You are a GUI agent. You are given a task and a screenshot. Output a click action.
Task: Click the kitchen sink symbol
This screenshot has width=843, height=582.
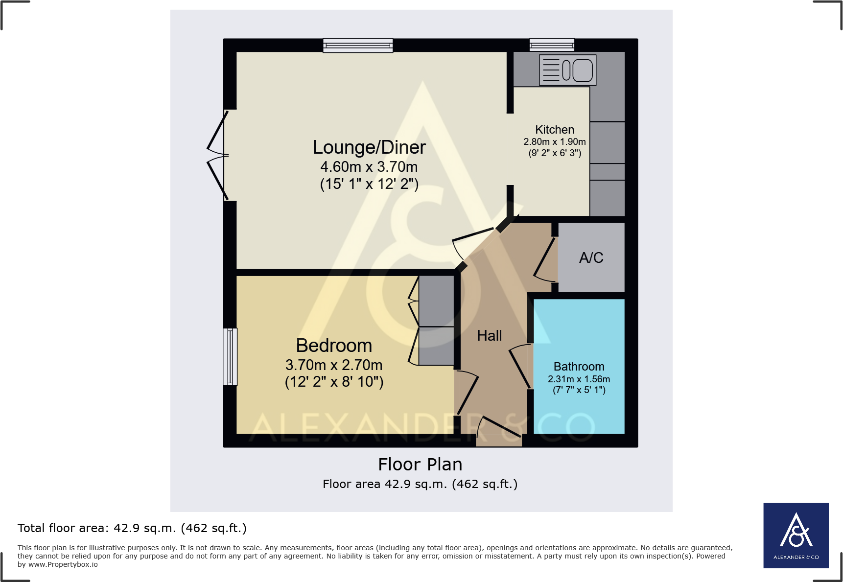[x=567, y=70]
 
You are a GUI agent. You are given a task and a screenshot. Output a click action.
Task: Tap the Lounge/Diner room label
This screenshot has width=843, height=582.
[x=369, y=147]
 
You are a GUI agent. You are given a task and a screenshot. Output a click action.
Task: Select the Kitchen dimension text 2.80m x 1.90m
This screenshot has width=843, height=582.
[x=554, y=142]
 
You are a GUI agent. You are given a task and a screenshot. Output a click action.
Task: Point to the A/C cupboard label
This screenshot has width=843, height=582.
[x=591, y=258]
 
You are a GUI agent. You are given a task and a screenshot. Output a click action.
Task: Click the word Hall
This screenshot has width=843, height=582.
[x=489, y=336]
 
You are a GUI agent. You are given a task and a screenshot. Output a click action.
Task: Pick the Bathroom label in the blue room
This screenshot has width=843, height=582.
[x=579, y=367]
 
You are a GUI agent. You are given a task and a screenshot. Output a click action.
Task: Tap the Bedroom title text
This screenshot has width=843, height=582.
[x=334, y=346]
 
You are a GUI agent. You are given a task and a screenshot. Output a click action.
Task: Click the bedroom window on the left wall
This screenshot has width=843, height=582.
[x=230, y=356]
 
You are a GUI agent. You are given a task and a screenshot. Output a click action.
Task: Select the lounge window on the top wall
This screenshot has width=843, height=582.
[x=358, y=46]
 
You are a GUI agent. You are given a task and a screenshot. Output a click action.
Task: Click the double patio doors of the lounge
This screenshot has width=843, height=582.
[x=218, y=156]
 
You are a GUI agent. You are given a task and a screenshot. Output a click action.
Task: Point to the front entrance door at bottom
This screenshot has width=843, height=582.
[x=498, y=430]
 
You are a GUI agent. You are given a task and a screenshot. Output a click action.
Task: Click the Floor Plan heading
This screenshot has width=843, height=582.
[x=420, y=465]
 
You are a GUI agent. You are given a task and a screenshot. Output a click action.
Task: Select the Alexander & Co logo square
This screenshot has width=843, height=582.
[x=796, y=535]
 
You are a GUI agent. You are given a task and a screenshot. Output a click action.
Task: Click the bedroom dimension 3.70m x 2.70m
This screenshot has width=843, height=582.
[x=334, y=365]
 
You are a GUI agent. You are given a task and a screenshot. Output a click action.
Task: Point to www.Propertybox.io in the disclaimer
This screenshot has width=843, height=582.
[x=63, y=564]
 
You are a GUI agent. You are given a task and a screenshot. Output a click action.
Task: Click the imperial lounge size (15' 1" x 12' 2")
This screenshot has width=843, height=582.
[x=369, y=185]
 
